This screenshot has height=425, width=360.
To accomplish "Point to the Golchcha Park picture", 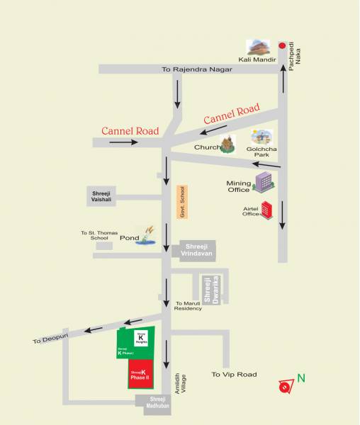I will tap(261, 137).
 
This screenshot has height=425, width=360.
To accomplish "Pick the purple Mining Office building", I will tap(264, 182).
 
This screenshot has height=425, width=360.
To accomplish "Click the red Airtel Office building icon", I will tap(268, 210).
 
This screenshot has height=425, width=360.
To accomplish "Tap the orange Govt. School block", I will tap(181, 202).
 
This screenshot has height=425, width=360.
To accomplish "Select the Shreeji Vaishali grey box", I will tap(103, 196).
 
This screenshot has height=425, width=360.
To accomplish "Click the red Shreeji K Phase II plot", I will tap(140, 374).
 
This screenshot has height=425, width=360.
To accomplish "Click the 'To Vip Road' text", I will tap(235, 374).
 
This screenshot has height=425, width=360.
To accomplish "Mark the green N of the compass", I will tap(301, 378).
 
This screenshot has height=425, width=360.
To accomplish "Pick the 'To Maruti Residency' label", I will tap(189, 306).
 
